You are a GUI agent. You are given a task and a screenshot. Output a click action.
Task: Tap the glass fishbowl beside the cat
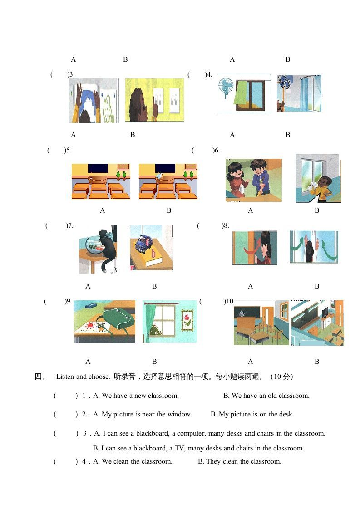[94, 245]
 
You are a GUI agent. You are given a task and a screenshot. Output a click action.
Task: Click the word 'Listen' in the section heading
[65, 377]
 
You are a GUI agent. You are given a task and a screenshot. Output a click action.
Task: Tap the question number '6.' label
[217, 150]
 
